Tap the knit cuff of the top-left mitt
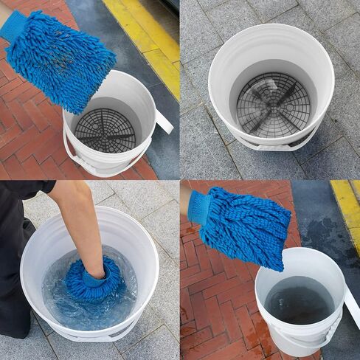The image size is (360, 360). coord(13,27)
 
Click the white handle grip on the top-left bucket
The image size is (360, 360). coord(163,122)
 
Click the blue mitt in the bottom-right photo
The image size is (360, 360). coord(243,225)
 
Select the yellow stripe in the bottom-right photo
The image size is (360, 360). coord(346,203)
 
